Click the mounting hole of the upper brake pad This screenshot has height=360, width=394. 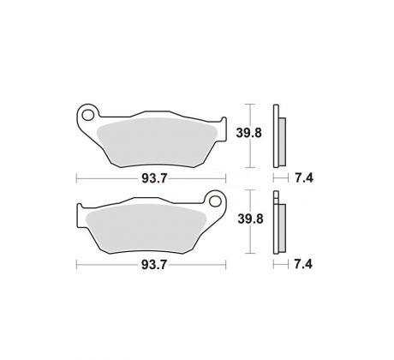tap(87, 115)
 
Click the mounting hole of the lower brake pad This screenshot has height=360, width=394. tap(215, 201)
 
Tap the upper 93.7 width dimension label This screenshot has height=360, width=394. tap(154, 178)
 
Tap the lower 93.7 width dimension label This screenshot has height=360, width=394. tap(154, 265)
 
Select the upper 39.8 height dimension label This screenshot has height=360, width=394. tap(248, 133)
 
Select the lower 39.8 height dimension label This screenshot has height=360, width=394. tap(250, 219)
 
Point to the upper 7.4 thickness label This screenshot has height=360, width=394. tap(304, 178)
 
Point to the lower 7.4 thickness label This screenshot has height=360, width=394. tap(303, 264)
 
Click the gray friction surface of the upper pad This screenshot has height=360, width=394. tap(157, 142)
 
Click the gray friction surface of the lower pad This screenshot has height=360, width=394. tap(146, 228)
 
